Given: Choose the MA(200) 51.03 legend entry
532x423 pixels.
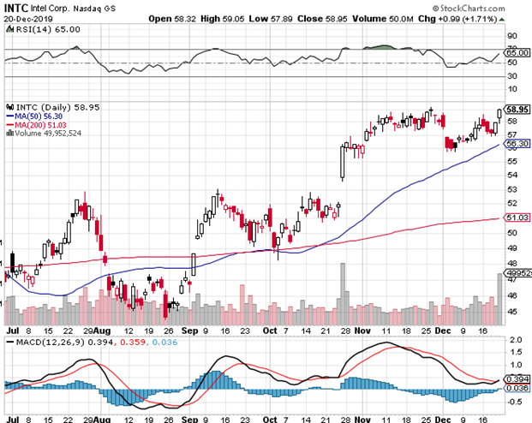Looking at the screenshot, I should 39,125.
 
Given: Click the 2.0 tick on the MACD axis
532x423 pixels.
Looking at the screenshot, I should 513,341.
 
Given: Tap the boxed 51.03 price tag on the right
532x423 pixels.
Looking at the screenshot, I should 515,218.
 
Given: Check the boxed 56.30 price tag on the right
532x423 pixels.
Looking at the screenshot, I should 515,143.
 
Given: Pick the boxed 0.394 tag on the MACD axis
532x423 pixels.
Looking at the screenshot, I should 517,378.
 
